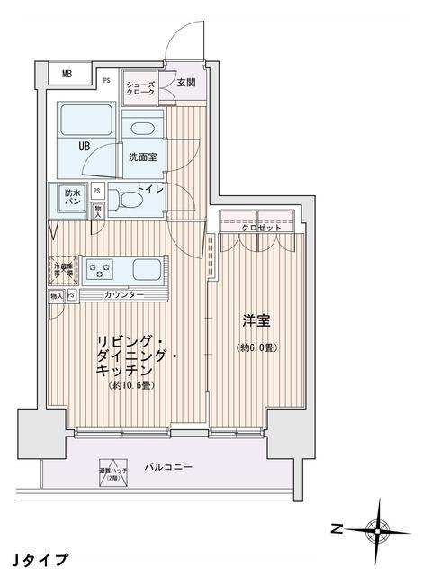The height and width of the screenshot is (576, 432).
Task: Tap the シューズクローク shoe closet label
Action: click(140, 87)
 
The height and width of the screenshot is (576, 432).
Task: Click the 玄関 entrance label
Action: click(186, 84)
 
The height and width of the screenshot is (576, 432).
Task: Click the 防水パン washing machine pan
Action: click(73, 198)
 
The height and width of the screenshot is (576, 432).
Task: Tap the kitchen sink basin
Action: click(148, 269)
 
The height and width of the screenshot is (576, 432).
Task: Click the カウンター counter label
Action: click(123, 295)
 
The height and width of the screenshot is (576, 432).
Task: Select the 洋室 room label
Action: click(256, 321)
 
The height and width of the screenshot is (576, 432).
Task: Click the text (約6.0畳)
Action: click(256, 348)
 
